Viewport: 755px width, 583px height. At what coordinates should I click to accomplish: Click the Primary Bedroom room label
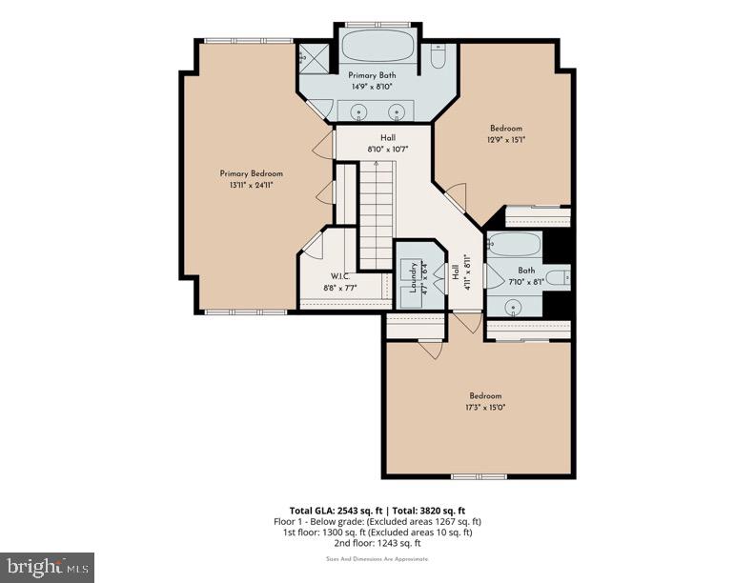coord(251,173)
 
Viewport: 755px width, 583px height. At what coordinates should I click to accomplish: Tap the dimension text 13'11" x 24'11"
coord(251,186)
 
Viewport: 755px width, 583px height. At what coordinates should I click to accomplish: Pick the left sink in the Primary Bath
coord(360,111)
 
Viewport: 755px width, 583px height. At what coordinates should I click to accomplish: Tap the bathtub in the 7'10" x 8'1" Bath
coord(513,246)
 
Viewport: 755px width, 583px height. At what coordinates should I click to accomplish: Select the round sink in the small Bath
coord(513,307)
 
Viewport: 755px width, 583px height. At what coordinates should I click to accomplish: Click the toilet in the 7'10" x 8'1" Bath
coord(562,278)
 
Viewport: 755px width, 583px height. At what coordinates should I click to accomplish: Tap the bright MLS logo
coord(47,568)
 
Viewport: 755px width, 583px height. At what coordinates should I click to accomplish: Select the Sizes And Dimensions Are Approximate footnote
coord(377,559)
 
